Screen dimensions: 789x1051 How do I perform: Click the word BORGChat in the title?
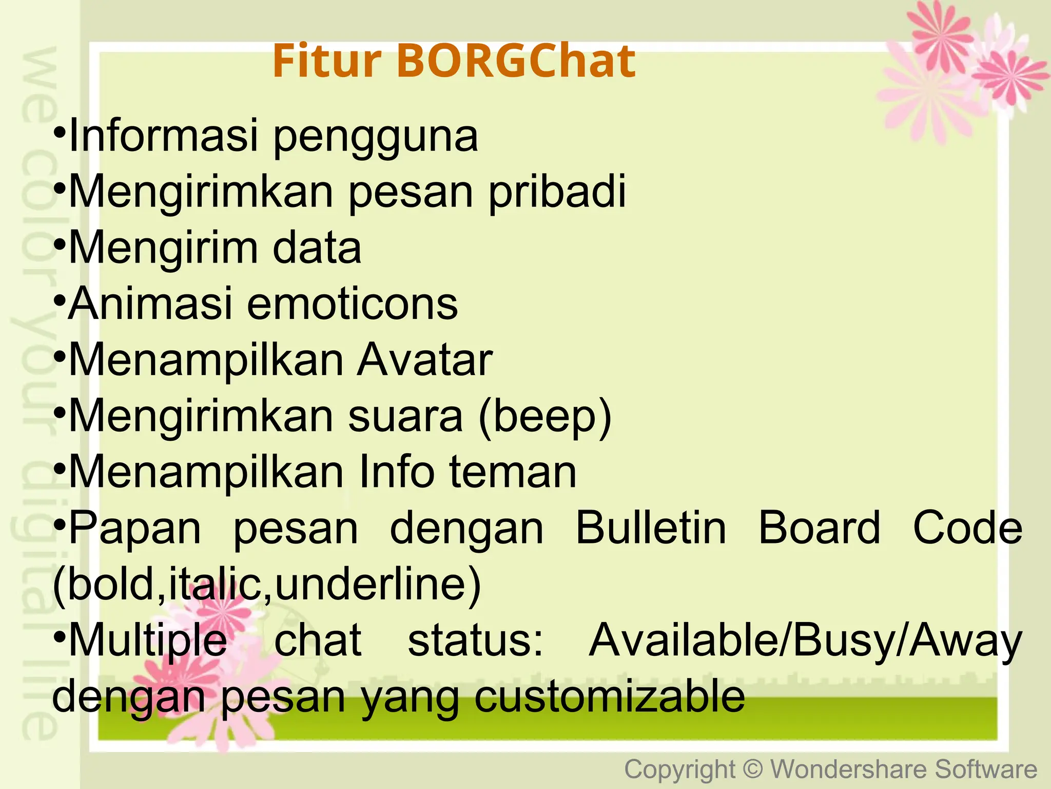[516, 61]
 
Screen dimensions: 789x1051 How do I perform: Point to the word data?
[317, 248]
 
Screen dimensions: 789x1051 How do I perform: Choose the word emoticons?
[353, 304]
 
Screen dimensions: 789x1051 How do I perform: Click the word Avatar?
[425, 360]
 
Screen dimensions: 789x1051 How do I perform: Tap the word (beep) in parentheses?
[546, 417]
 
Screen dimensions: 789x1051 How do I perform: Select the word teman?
[513, 472]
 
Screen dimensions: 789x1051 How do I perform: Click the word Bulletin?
[651, 528]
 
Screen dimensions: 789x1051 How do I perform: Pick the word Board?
[819, 528]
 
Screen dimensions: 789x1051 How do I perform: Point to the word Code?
[968, 528]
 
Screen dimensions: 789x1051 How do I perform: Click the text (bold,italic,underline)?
[267, 585]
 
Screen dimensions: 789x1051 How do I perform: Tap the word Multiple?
[148, 642]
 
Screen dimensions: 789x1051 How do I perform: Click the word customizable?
[609, 697]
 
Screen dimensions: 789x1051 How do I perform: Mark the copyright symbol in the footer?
[753, 769]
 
